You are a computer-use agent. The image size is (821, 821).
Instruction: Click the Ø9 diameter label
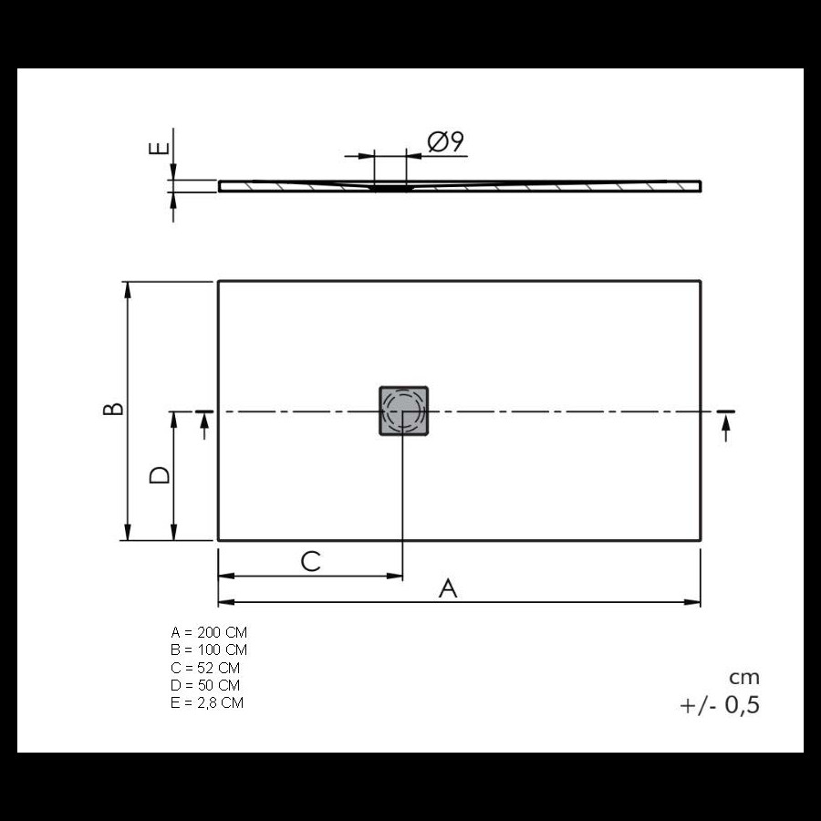(445, 141)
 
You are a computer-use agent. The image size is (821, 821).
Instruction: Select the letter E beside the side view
(159, 148)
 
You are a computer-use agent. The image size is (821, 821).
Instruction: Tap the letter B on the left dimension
(113, 409)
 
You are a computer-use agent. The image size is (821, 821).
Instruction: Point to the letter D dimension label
(159, 475)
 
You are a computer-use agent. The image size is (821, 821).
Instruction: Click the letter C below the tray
(310, 561)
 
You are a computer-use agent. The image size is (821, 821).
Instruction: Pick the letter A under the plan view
(448, 588)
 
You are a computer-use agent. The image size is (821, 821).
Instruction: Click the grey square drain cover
(404, 411)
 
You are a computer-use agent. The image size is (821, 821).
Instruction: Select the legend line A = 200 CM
(209, 632)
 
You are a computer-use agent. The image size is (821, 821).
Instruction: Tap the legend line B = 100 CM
(209, 650)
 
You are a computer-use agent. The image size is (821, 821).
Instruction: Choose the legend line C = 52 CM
(205, 668)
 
